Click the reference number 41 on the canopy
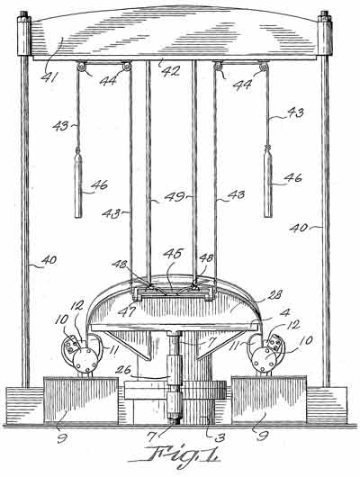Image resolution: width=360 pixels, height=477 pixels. point(49,77)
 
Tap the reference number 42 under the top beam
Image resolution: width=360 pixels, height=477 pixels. point(170,71)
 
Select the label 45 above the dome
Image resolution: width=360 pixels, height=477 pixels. point(172,255)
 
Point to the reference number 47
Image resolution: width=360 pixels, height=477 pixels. point(126,311)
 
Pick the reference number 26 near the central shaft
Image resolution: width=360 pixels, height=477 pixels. point(123,371)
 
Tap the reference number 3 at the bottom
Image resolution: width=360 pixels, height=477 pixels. point(220,437)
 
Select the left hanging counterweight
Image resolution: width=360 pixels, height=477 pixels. point(78,183)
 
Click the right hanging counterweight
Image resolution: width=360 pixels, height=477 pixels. point(268,181)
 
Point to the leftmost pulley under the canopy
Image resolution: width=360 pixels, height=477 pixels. point(82,67)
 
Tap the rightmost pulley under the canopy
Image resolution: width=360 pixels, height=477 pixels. point(264,67)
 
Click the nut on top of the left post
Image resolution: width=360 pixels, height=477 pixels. point(23,14)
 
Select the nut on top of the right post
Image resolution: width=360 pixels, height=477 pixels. point(324,14)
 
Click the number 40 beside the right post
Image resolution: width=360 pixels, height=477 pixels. point(299,228)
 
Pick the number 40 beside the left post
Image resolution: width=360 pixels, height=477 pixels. point(49,260)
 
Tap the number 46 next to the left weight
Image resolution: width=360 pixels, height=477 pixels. point(99,184)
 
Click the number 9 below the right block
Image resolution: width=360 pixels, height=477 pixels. point(262,436)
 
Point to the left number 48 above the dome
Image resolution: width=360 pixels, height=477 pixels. point(120,264)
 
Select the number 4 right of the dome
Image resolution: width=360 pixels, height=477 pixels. point(285,312)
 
